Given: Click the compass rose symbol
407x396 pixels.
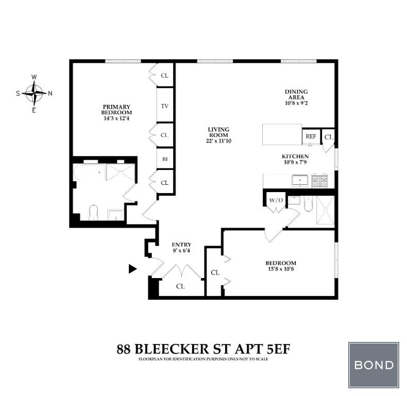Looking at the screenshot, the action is (34, 93).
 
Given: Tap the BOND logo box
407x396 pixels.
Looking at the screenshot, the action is (374, 365).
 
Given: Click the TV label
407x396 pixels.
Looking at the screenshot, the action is (165, 106).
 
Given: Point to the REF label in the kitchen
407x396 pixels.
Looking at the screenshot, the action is (311, 136).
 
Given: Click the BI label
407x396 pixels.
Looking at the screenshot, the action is (165, 159).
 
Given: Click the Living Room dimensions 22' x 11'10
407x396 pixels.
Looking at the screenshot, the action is (218, 141).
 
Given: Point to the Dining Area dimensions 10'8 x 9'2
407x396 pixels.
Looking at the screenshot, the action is (296, 103).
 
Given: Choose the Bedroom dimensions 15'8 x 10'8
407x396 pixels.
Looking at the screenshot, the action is (281, 269).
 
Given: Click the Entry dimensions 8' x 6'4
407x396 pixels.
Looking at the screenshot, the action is (181, 251).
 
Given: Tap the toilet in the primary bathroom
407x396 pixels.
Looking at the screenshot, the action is (94, 213).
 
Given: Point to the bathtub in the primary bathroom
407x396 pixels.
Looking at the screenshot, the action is (89, 175).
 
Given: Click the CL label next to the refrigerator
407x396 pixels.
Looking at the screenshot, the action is (329, 137).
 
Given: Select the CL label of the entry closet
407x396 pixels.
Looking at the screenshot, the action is (180, 286).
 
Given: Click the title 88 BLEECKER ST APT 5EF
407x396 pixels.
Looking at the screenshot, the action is (203, 349).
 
